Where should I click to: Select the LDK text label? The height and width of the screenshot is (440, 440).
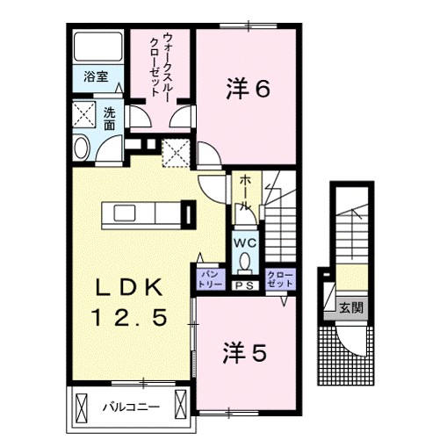[129, 286]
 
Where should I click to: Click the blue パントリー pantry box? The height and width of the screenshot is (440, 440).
[209, 279]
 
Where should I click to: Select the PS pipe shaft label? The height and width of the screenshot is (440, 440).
[244, 285]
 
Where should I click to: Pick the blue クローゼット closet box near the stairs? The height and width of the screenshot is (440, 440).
[280, 279]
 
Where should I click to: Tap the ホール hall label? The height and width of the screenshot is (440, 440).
[246, 191]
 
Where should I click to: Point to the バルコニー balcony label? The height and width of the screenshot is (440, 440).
[129, 407]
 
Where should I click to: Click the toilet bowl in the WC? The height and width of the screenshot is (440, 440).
[244, 261]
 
